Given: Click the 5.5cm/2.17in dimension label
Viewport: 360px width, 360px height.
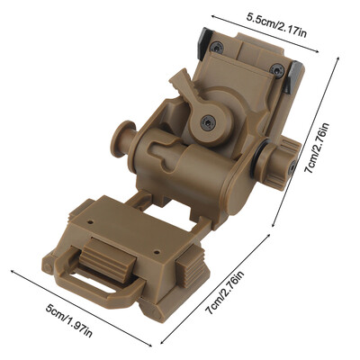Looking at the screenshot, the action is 276,25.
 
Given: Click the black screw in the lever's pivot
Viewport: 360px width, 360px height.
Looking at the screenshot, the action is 208,122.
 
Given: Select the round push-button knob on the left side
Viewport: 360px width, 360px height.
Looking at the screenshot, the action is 122,139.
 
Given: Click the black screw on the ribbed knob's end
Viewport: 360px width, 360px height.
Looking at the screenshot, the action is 292,167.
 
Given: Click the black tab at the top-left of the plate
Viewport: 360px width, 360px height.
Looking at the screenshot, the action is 205,42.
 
